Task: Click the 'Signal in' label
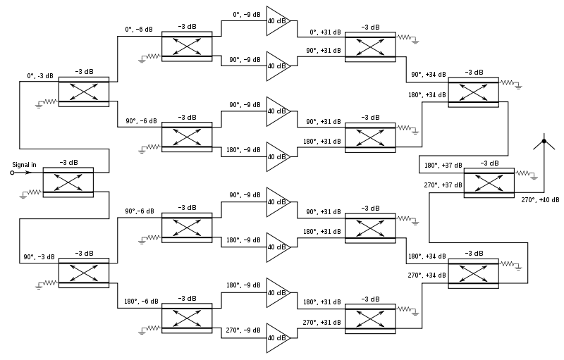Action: (x=24, y=165)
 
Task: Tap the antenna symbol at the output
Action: (x=544, y=143)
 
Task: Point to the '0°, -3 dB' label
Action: (x=40, y=75)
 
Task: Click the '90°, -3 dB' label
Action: (x=38, y=257)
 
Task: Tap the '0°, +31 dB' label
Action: (x=324, y=32)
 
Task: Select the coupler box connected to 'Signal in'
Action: (x=68, y=182)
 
